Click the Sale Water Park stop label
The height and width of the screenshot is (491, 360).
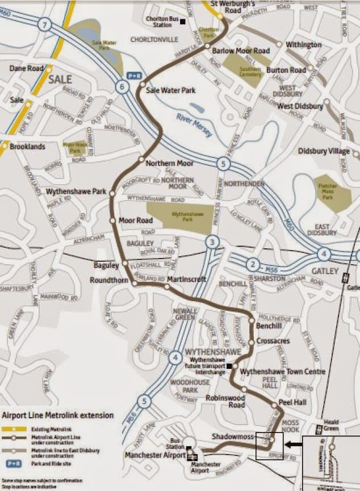coord(170,90)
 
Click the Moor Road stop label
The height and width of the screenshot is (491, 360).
coord(136,220)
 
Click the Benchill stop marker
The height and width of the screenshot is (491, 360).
coord(252,321)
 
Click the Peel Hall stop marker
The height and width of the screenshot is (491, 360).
coord(275,405)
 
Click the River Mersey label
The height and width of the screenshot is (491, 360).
coord(194,126)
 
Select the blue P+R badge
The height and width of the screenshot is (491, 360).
coord(134,75)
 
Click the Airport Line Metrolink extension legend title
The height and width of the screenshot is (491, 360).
coord(58,416)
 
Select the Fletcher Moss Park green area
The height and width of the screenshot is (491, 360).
coord(332,193)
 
